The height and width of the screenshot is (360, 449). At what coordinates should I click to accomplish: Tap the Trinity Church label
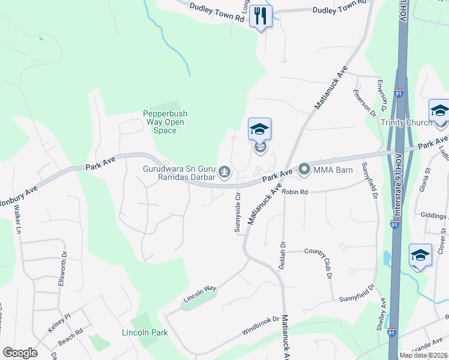[406, 123]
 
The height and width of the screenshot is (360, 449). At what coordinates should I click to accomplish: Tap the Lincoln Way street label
[200, 292]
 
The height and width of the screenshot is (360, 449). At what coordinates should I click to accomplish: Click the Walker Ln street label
[17, 220]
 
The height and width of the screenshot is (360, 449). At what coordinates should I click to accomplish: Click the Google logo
[20, 353]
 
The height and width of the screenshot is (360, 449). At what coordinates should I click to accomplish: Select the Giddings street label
[435, 215]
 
